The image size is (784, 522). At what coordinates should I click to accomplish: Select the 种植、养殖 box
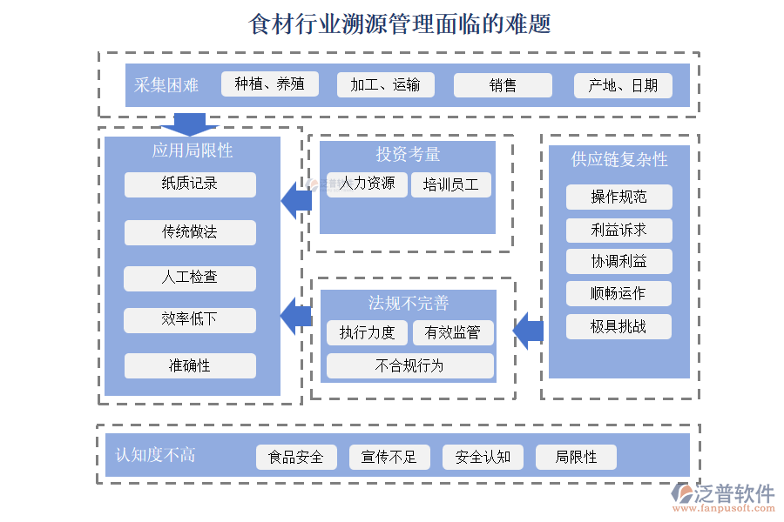[270, 84]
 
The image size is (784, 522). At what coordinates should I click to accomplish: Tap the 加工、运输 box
[385, 84]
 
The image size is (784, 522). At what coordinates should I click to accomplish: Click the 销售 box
[503, 85]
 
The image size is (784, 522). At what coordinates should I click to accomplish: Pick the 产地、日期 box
[623, 85]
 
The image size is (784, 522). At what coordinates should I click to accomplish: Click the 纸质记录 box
[190, 184]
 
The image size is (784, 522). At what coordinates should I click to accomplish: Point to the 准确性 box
[190, 365]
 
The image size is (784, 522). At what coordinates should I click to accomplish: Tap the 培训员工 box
[451, 184]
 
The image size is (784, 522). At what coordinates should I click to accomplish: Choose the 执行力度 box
[368, 332]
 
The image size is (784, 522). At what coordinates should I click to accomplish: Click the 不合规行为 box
[409, 365]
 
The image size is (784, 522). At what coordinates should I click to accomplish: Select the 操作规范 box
[618, 197]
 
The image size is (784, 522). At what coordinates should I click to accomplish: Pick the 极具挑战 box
[618, 326]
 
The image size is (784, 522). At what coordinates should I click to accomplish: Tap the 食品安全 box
[296, 457]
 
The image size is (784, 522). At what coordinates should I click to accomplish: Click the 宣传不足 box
[389, 457]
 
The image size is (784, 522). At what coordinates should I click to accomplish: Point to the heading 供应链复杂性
[618, 159]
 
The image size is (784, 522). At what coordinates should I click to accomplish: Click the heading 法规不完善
[409, 303]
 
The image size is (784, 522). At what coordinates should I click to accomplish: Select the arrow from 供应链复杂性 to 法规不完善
[528, 331]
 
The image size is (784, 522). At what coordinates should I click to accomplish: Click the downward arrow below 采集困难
[189, 124]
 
